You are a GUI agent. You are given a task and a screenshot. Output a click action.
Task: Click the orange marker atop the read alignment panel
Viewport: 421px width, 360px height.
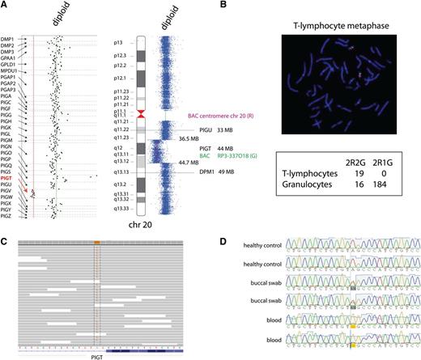(96, 243)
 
